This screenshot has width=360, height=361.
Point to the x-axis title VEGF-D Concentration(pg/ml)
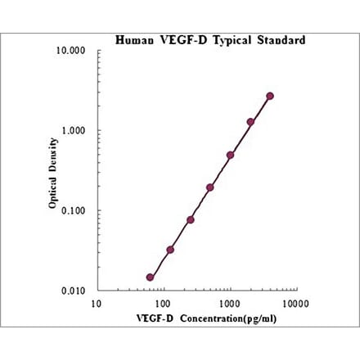(x=196, y=318)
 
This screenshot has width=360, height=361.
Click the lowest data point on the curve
(x=150, y=278)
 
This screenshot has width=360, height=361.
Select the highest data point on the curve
(x=270, y=96)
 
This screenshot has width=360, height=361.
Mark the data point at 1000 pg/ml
(x=231, y=155)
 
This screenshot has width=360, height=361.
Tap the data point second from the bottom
(x=170, y=250)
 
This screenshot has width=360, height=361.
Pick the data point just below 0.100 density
(x=191, y=219)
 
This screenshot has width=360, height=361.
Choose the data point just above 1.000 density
(x=250, y=122)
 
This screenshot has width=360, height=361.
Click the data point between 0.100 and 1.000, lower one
(x=210, y=187)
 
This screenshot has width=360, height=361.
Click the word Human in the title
(x=132, y=38)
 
